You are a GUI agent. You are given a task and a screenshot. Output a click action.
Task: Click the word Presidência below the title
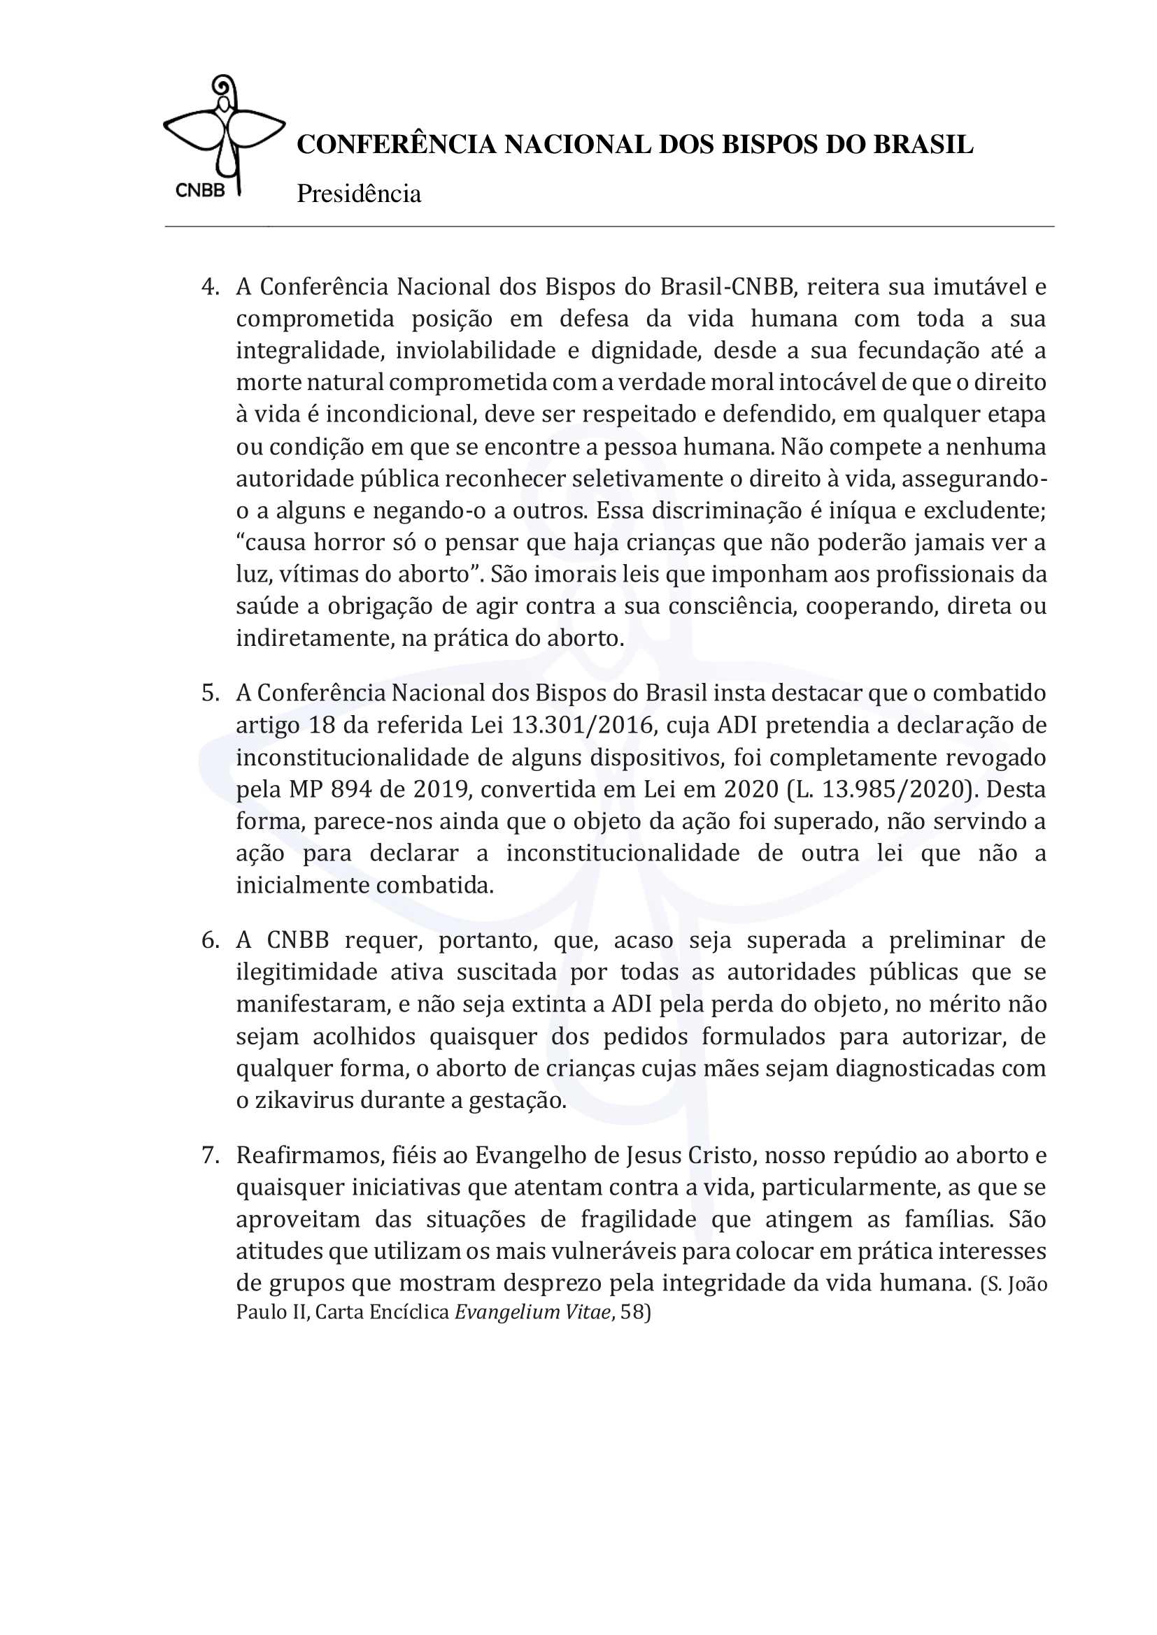tap(358, 194)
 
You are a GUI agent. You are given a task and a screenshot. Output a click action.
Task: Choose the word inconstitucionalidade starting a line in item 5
tap(349, 757)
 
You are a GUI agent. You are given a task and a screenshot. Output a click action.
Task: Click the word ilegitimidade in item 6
tap(307, 972)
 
